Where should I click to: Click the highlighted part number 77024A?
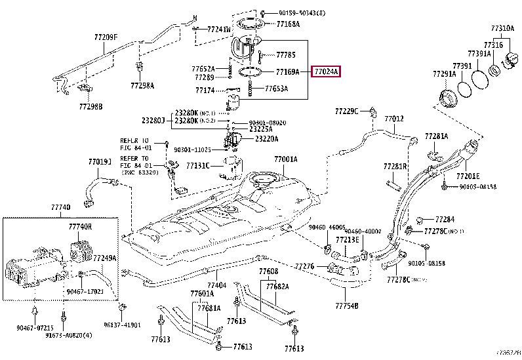(x=327, y=72)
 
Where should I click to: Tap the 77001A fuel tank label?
(x=286, y=159)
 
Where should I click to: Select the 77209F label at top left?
(x=106, y=37)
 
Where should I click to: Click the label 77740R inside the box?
(x=80, y=226)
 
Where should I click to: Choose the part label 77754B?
(x=347, y=306)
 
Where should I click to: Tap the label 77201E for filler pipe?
(x=468, y=176)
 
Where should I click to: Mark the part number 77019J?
(x=100, y=161)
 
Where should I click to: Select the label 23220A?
(x=266, y=138)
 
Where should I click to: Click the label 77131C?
(x=197, y=166)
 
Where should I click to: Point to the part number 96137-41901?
(x=122, y=324)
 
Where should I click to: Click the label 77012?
(x=394, y=119)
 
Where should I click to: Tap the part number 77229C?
(x=347, y=111)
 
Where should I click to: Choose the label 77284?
(x=444, y=219)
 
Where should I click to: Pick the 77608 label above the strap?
(x=268, y=271)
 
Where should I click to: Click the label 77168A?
(x=288, y=24)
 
